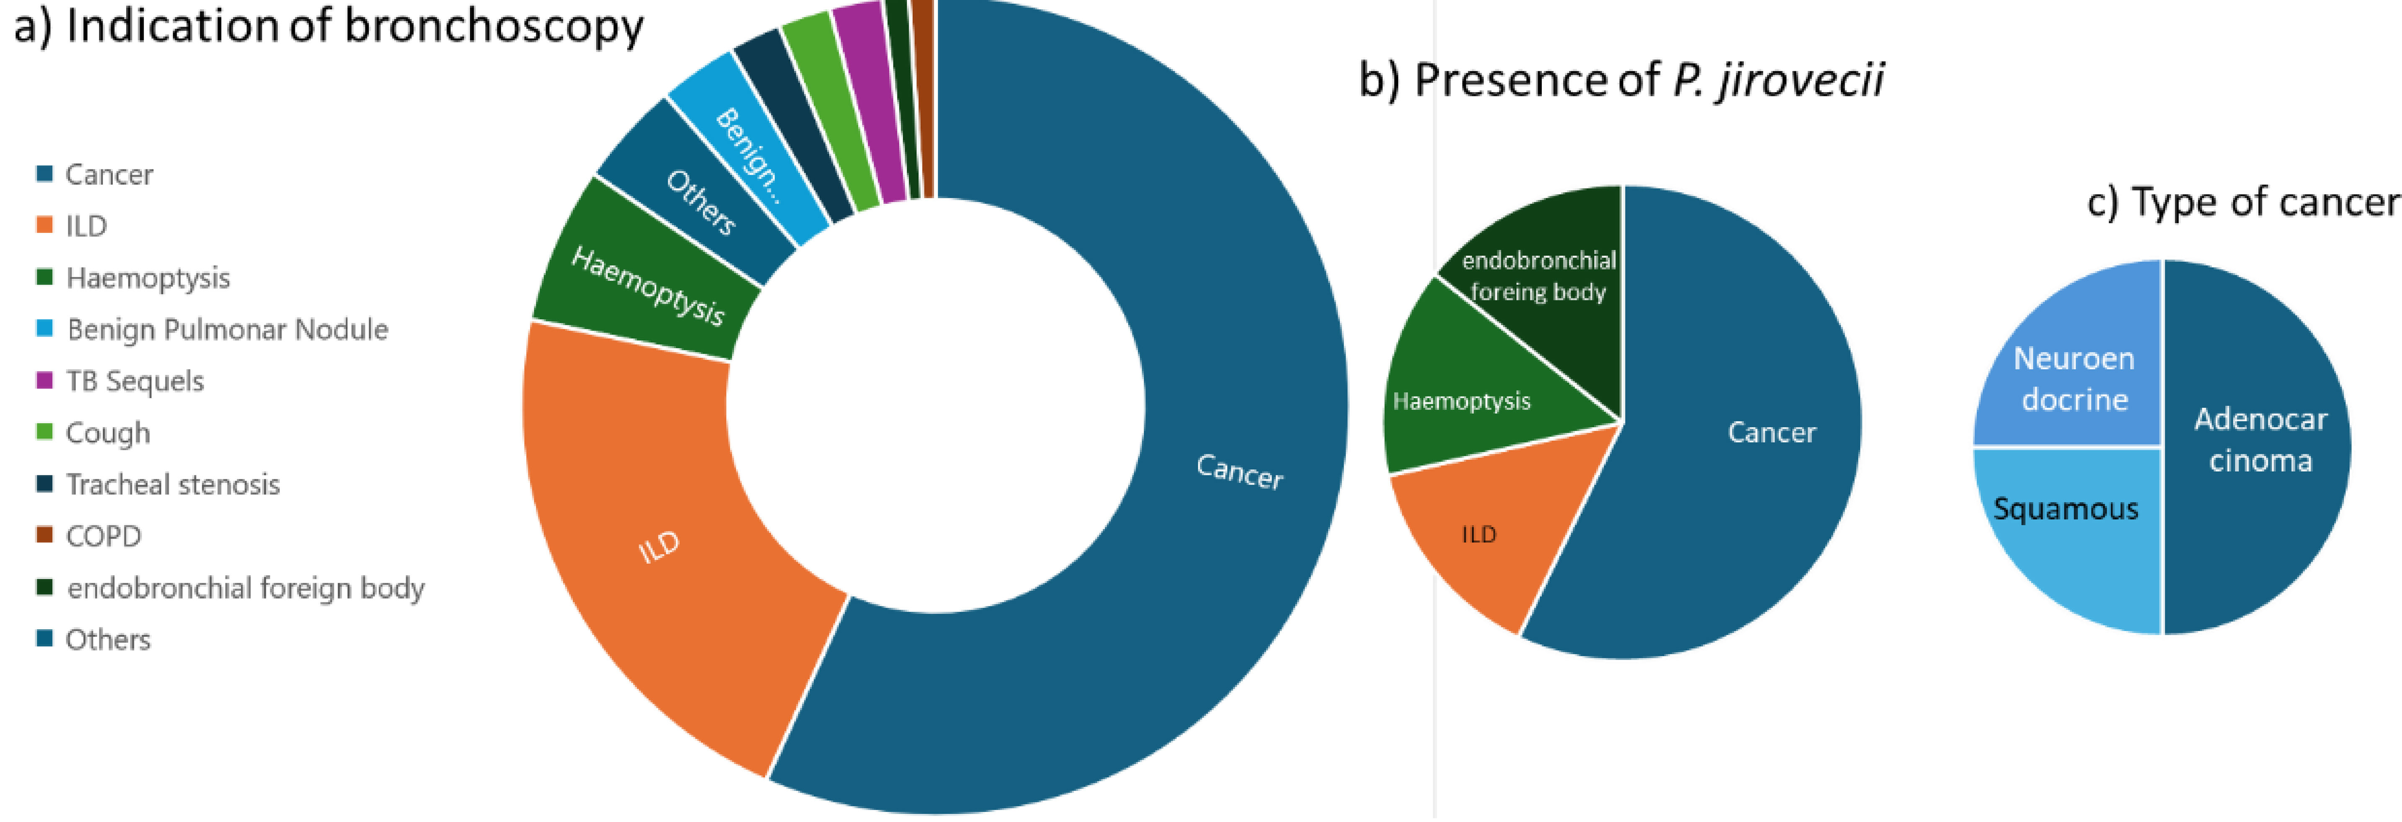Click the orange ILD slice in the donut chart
tap(653, 550)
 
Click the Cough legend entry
tap(93, 433)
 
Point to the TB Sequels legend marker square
tap(44, 381)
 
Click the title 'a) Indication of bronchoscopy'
tap(328, 26)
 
